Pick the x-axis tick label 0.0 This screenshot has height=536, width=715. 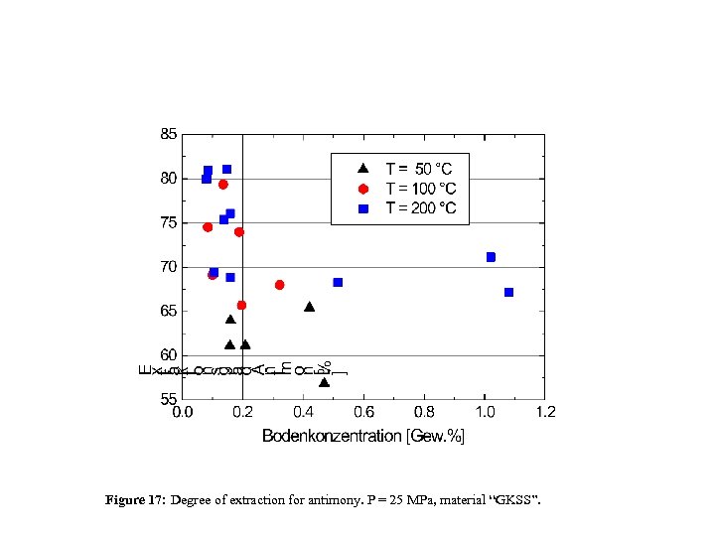[x=183, y=412]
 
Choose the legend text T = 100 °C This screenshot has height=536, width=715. [x=421, y=189]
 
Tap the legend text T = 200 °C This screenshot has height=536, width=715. [x=421, y=207]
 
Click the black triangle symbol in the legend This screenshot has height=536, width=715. [x=364, y=170]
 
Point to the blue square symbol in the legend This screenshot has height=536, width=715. [x=364, y=208]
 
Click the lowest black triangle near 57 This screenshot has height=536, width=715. [x=324, y=382]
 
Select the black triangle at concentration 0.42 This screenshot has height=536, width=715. [x=310, y=307]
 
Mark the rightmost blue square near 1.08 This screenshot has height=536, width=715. [x=508, y=292]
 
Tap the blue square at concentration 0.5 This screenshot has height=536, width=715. [x=338, y=282]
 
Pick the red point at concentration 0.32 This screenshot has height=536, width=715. [x=280, y=285]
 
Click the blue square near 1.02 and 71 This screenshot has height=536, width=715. [x=491, y=257]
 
